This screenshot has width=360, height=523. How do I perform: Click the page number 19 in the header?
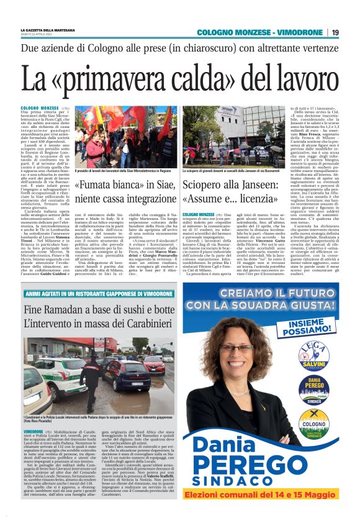click(335, 32)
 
